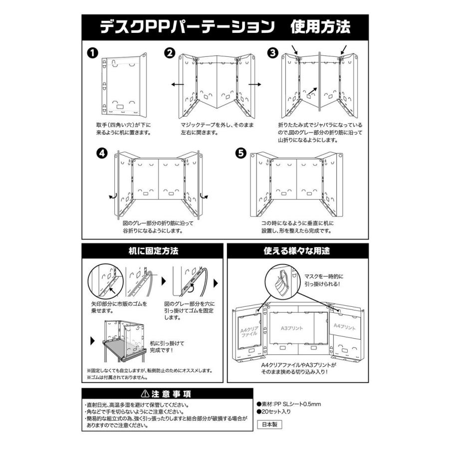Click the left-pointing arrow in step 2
[x=176, y=85]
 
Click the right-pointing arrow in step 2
[x=254, y=85]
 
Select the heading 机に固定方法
[x=150, y=251]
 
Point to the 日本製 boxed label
[x=269, y=425]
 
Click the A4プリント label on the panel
[x=345, y=328]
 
